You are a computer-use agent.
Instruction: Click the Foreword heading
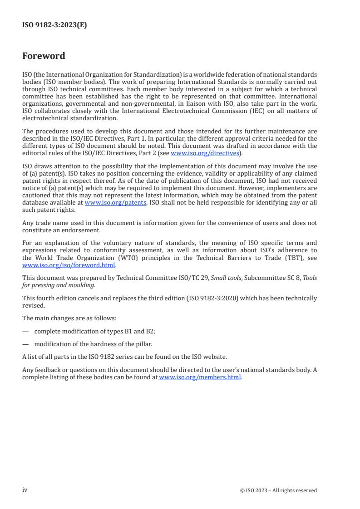click(x=44, y=56)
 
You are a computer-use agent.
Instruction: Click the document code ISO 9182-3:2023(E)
click(x=54, y=25)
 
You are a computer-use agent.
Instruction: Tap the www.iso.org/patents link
click(x=115, y=203)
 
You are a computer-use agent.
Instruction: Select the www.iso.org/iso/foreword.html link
click(x=69, y=265)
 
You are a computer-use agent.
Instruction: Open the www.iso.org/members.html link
click(x=200, y=377)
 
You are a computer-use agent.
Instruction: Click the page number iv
click(x=25, y=490)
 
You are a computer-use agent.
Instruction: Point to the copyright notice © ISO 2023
click(x=278, y=490)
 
